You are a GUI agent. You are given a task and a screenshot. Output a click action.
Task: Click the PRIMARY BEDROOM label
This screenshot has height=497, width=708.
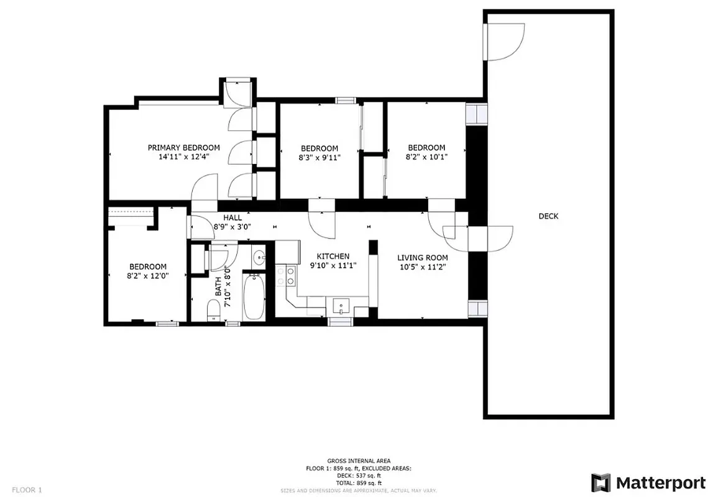point(183,147)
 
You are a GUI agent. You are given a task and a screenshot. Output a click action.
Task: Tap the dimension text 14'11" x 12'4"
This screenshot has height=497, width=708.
point(183,157)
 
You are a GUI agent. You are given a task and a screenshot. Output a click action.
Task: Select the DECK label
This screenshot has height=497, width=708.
point(548,216)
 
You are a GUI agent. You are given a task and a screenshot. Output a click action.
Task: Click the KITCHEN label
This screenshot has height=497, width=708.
point(333,256)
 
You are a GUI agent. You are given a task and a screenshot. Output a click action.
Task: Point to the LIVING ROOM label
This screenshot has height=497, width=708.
point(423,257)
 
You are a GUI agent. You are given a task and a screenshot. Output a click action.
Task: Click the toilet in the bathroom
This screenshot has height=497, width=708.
point(213,309)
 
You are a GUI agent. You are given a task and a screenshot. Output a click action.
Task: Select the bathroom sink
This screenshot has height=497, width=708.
point(259,256)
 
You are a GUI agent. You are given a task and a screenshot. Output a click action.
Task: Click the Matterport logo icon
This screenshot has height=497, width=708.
point(600,483)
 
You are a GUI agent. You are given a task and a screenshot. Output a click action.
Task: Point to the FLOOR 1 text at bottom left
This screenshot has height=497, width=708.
point(27,490)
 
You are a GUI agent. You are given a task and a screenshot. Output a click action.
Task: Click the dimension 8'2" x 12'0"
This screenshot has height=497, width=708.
point(148,276)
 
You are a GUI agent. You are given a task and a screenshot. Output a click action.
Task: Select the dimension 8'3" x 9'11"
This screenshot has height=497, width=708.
point(320,158)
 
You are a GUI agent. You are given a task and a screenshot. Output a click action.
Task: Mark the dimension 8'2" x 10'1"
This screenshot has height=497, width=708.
point(426,157)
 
